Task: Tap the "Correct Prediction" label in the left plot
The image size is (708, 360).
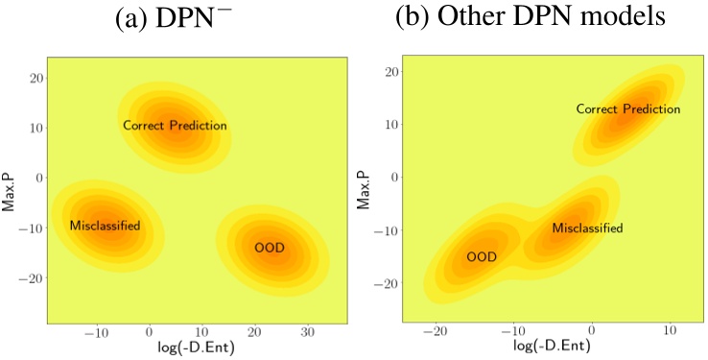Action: coord(175,126)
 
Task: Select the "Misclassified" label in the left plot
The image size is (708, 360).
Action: coord(105,226)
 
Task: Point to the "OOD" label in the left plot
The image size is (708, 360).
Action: coord(270,248)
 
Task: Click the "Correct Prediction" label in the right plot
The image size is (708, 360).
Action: coord(627,109)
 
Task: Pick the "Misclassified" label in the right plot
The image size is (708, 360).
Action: coord(587,228)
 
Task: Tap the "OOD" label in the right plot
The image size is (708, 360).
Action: coord(481,256)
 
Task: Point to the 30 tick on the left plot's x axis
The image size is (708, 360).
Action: coord(308,331)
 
